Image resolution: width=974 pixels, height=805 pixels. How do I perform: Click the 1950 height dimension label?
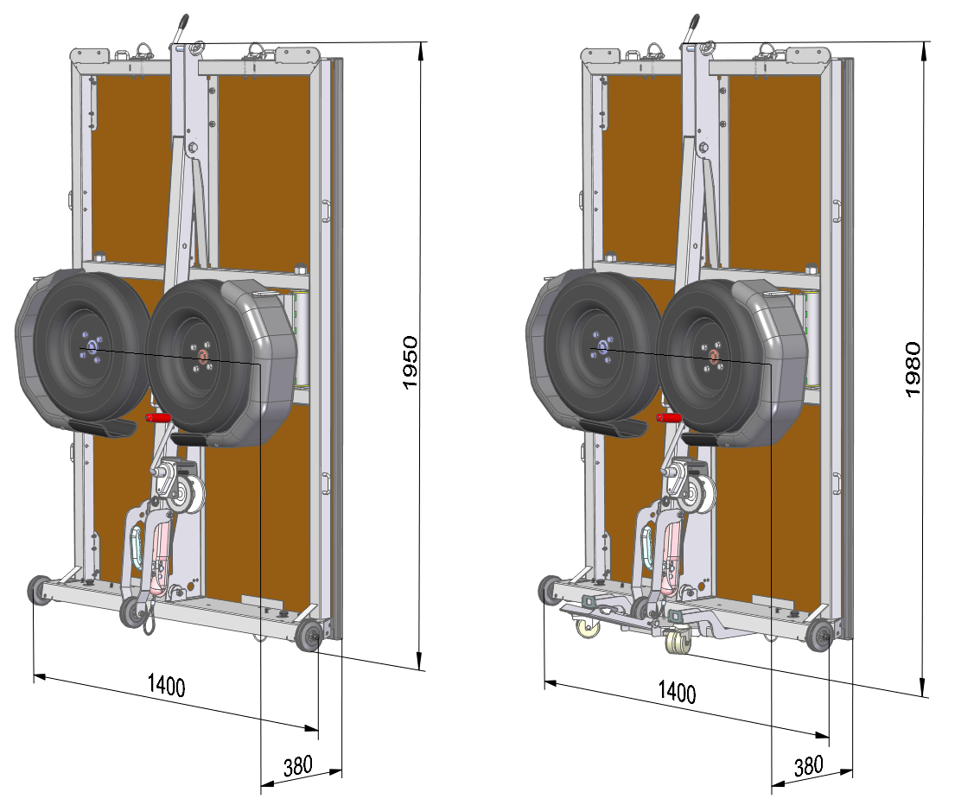(x=411, y=363)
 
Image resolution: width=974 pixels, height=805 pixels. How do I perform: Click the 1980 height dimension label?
(x=914, y=370)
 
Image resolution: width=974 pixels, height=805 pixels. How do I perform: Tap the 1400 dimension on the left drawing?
(x=167, y=686)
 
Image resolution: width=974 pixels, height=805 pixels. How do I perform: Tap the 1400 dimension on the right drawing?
(x=677, y=692)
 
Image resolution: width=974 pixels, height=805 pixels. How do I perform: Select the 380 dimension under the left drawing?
(x=298, y=766)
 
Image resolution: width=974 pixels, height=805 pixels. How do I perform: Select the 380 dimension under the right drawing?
(x=809, y=766)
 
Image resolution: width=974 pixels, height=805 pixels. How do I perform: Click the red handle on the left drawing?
(x=158, y=418)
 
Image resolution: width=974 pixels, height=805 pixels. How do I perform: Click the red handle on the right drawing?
(x=669, y=418)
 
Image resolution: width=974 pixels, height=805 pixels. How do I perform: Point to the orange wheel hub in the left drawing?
(x=203, y=356)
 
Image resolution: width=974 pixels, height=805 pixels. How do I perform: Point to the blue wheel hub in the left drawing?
(x=92, y=347)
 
